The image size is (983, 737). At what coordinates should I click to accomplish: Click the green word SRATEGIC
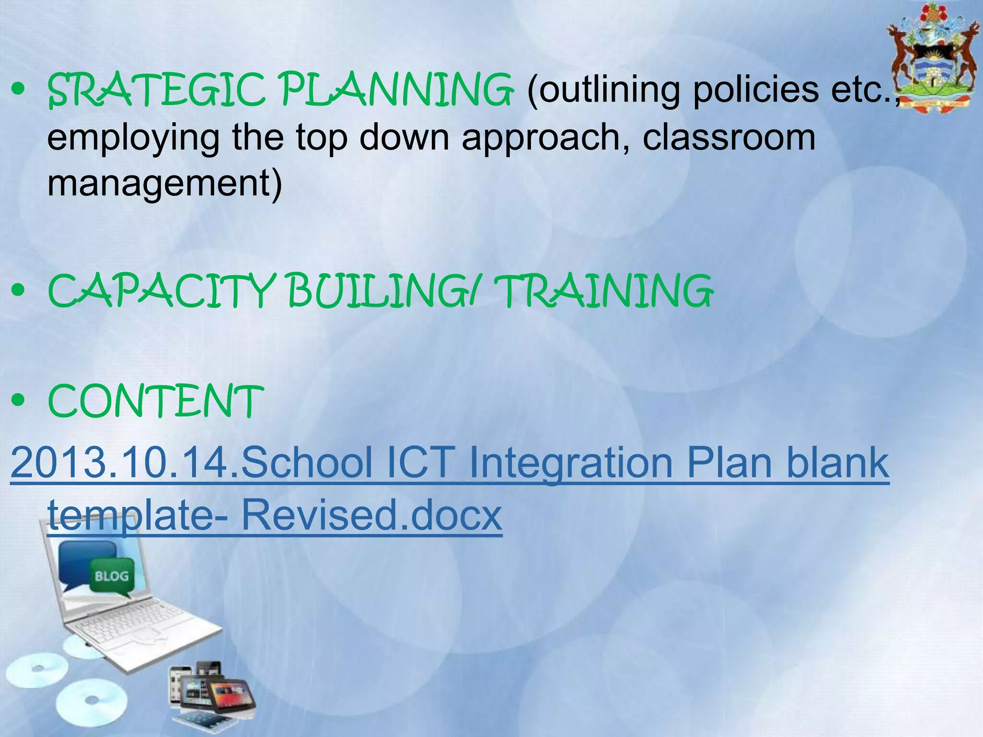[156, 90]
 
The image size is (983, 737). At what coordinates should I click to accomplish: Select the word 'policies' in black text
[755, 90]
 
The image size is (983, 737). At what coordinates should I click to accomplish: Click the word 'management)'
[165, 184]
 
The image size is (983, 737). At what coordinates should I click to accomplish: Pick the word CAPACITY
[161, 291]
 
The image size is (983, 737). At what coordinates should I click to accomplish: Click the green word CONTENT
[156, 401]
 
